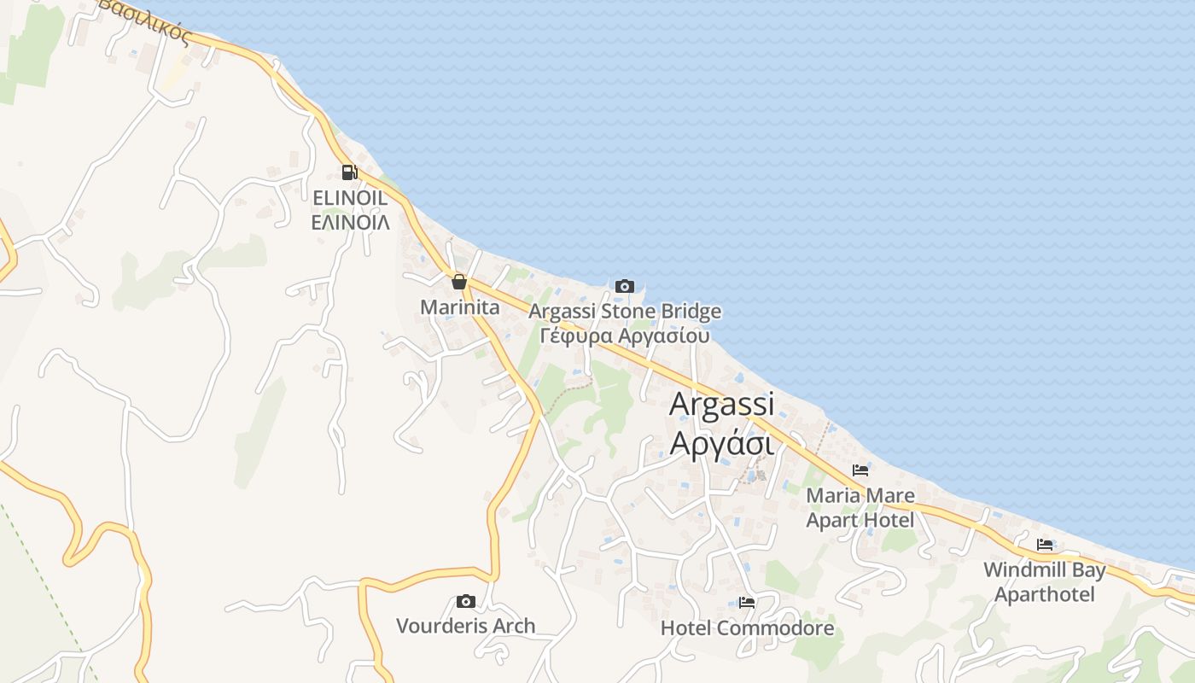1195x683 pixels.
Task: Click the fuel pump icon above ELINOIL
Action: click(349, 172)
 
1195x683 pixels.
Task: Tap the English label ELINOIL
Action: click(350, 199)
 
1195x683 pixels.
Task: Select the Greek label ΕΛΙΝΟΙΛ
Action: click(350, 223)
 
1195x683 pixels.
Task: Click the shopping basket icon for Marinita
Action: click(459, 282)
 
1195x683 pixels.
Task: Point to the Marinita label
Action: click(459, 306)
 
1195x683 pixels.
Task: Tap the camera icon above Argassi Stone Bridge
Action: click(625, 286)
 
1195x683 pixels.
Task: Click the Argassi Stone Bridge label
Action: click(625, 312)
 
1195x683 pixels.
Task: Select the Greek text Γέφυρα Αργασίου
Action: click(625, 335)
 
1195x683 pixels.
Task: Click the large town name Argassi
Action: click(721, 404)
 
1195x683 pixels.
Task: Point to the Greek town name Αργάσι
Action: click(721, 444)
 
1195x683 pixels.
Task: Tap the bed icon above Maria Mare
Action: click(860, 470)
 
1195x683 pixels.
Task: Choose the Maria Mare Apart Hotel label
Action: click(860, 507)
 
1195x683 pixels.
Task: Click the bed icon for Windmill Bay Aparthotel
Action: click(1045, 545)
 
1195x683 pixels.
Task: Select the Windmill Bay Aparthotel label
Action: click(1045, 581)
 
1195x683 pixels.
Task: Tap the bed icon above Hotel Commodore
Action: click(747, 603)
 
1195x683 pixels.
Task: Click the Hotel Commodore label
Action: click(747, 629)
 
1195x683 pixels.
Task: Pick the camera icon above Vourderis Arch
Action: click(465, 602)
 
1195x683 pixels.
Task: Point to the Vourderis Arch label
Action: click(465, 626)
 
